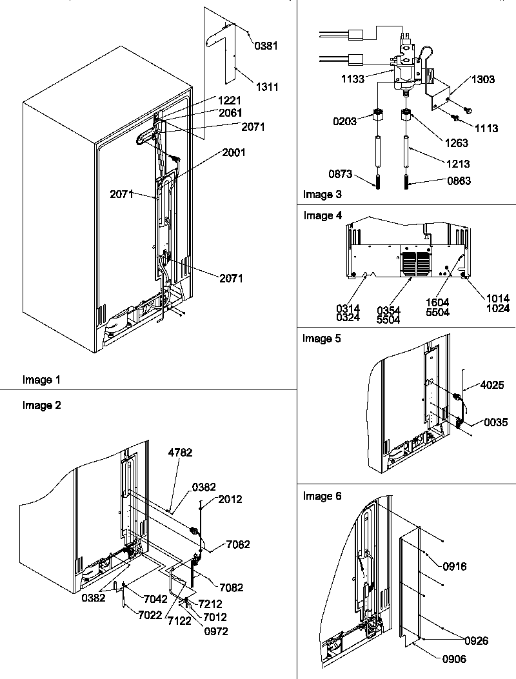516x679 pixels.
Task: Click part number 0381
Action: pos(268,46)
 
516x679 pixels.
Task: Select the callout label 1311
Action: pos(266,87)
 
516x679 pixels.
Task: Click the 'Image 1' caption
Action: pos(37,380)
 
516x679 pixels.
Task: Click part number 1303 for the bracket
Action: pos(483,79)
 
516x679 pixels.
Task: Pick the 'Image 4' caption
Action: pos(319,215)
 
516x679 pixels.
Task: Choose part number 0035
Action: pos(495,422)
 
